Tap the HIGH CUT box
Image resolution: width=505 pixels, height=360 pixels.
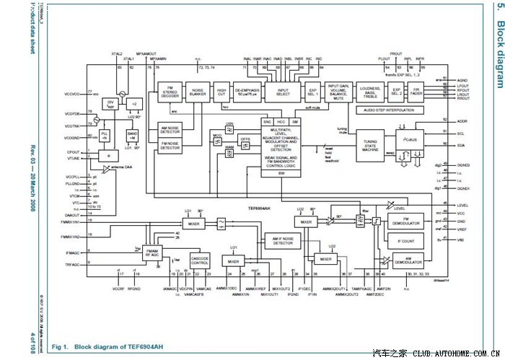point(222,93)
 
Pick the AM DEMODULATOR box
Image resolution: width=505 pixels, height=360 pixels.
point(405,260)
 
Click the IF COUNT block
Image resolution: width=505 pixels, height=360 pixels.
point(405,241)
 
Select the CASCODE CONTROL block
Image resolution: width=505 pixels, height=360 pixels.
point(200,260)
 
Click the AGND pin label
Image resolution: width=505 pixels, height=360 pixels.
point(462,79)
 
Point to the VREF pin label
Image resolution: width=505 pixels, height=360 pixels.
point(462,229)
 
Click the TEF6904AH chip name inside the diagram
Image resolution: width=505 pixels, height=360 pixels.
point(259,206)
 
